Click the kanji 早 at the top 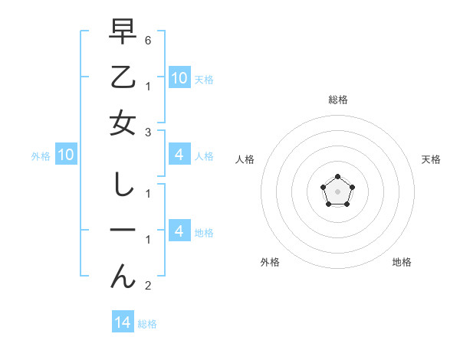pos(123,31)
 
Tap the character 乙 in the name pos(123,77)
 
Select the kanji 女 pos(123,123)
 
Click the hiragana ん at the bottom pos(123,277)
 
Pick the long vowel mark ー pos(123,231)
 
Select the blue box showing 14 pos(123,322)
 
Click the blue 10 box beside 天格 pos(179,77)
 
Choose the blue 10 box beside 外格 pos(65,155)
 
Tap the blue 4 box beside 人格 pos(179,155)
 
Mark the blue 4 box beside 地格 pos(179,231)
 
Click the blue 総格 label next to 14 pos(147,324)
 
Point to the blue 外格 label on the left pos(41,156)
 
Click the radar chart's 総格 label pos(337,100)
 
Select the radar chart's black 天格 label pos(431,159)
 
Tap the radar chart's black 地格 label pos(402,262)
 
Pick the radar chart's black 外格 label pos(270,262)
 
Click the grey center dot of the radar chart pos(337,190)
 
